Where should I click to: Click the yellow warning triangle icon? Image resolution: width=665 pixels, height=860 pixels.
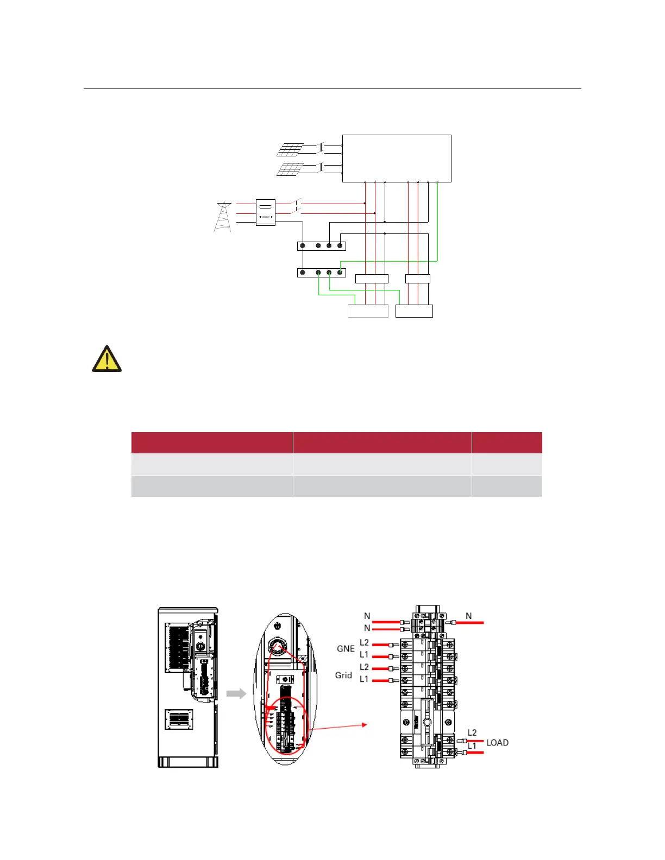coord(106,359)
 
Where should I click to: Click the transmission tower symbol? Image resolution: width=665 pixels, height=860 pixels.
coord(223,217)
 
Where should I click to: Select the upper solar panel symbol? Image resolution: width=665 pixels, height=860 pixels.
coord(290,149)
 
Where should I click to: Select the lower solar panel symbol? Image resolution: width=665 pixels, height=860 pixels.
coord(290,169)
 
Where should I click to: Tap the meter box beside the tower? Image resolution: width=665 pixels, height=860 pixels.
coord(265,213)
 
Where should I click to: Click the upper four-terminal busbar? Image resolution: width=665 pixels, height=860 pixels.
coord(322,246)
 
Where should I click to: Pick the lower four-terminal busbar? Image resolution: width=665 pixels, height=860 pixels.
coord(322,272)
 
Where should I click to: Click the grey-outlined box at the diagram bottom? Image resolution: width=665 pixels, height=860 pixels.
coord(368,311)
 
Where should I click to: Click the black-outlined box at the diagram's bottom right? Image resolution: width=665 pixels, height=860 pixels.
coord(414,311)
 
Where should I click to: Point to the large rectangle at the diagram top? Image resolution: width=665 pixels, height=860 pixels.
coord(397,158)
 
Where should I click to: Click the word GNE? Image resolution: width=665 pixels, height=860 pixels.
coord(346,649)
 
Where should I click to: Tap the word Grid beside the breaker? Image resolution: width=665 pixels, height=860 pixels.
coord(343,675)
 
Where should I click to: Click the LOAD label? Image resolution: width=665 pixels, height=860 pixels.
coord(497,743)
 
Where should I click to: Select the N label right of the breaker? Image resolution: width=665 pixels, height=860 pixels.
coord(469,616)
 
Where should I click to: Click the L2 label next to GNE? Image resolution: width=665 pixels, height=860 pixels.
coord(364,643)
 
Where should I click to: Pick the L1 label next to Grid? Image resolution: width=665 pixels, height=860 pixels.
coord(364,679)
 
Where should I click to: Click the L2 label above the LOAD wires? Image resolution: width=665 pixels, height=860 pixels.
coord(472,733)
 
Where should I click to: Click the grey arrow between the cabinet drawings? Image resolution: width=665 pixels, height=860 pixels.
coord(236,693)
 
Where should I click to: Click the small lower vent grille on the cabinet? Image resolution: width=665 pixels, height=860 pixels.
coord(178,719)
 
